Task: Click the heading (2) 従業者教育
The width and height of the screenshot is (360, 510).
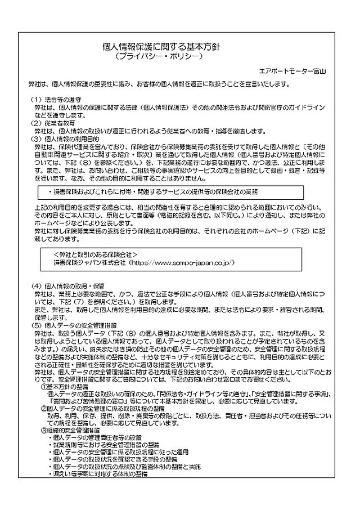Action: click(x=53, y=122)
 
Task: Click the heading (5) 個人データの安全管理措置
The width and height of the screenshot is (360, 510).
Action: click(x=74, y=325)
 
